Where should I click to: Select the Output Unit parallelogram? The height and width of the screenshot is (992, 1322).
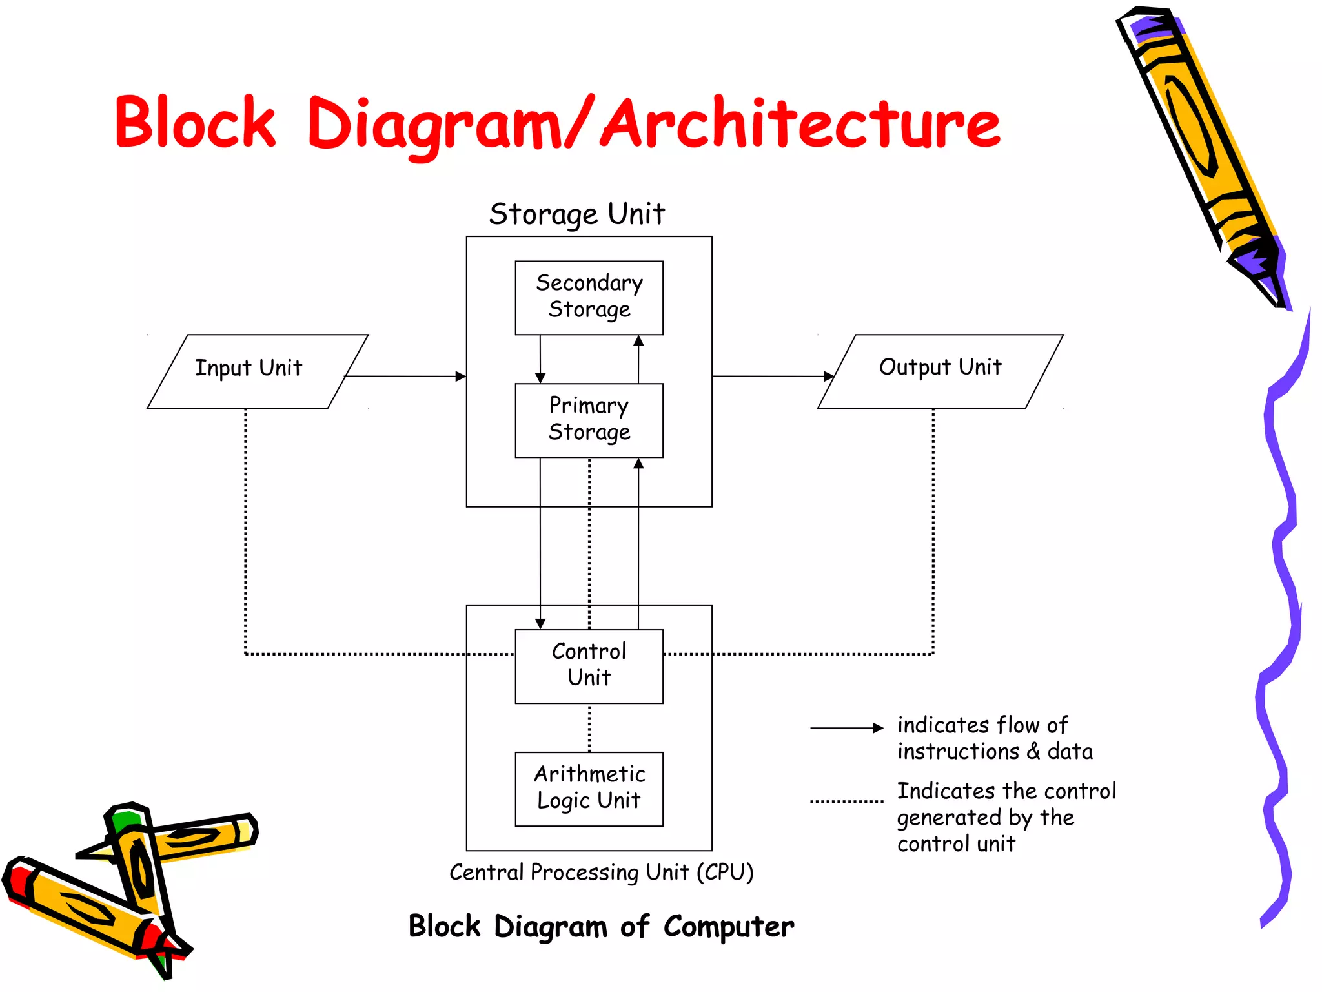click(x=940, y=371)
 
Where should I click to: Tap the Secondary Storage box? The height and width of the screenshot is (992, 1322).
click(x=589, y=297)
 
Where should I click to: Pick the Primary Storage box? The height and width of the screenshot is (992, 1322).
click(x=589, y=420)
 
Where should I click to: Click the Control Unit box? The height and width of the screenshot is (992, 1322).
click(x=589, y=666)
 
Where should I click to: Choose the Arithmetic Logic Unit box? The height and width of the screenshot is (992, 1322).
click(x=589, y=789)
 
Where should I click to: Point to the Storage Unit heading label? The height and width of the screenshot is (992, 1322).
click(x=576, y=214)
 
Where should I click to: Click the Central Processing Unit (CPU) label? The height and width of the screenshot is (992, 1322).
click(x=601, y=873)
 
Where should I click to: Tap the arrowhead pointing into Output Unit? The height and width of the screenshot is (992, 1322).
click(x=829, y=376)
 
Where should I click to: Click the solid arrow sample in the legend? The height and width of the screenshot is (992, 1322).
click(x=846, y=728)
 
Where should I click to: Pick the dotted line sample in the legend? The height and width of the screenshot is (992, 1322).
click(x=846, y=801)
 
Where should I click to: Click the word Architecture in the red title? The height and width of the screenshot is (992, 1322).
click(x=800, y=123)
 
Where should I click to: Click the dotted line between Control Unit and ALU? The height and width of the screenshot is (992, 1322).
click(x=589, y=728)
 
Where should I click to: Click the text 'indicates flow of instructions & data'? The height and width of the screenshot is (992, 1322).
click(x=994, y=738)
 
